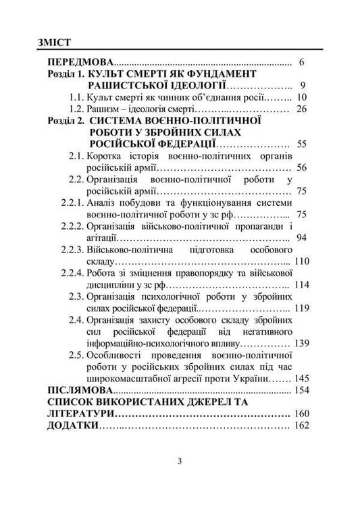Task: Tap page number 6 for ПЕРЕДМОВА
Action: pos(302,62)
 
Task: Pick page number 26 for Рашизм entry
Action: pos(301,109)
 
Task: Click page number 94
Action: pos(301,238)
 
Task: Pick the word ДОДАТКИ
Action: pos(72,426)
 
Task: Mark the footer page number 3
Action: pos(180,462)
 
